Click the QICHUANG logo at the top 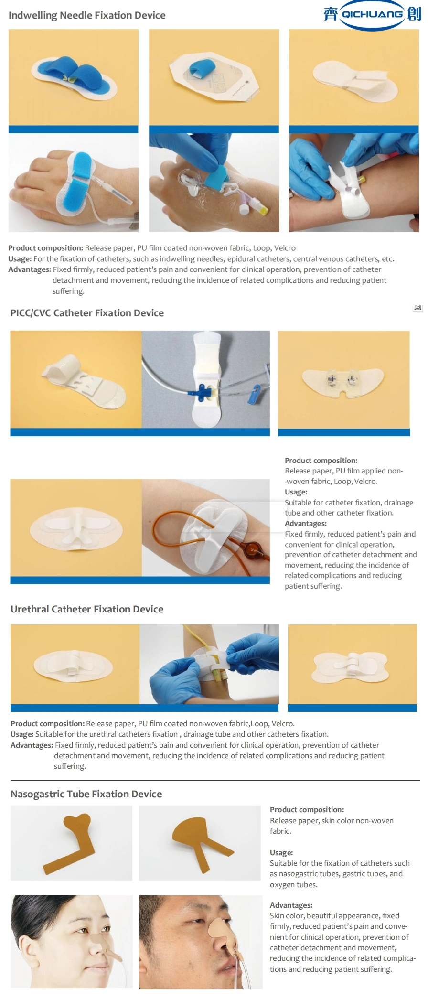[372, 14]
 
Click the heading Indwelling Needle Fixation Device [87, 15]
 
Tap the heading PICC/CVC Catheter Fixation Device [87, 313]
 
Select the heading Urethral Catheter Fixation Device [87, 609]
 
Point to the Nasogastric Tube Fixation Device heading [86, 794]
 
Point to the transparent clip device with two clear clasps [344, 381]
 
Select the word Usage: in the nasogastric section [281, 853]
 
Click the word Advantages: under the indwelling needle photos [29, 269]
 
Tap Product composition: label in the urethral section [47, 724]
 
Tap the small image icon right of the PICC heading [417, 308]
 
